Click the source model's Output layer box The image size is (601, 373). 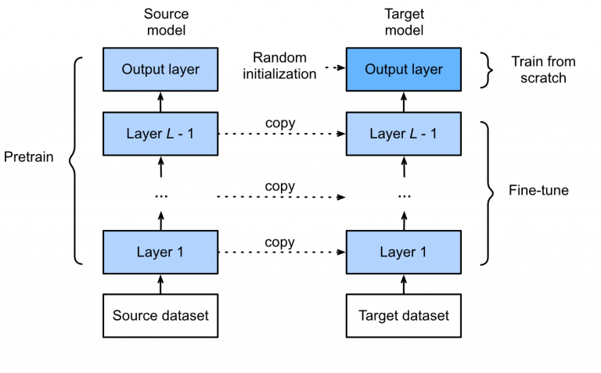160,70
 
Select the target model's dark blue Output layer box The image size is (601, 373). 404,70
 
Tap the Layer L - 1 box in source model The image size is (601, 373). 160,133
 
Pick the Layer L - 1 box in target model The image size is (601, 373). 404,133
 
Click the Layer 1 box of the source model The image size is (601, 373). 160,253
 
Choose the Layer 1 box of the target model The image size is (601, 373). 404,253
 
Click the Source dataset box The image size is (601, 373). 160,316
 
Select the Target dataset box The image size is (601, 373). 404,316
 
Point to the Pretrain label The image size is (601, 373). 29,156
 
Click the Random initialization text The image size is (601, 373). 285,66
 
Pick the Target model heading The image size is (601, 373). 404,22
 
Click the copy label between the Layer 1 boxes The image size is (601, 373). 279,242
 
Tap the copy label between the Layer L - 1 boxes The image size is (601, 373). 279,123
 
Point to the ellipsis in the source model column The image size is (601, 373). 160,195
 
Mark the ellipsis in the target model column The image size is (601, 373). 404,195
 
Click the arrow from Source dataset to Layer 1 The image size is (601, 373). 160,284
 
